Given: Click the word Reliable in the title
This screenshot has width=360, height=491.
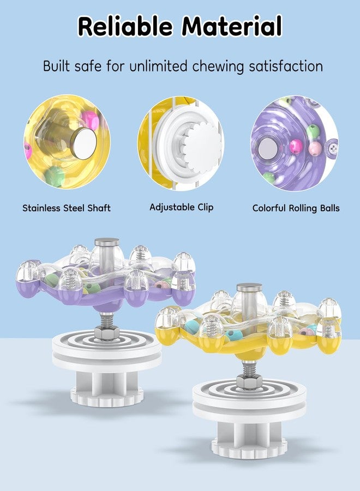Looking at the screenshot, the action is pos(125,26).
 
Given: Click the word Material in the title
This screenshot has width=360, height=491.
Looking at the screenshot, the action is pos(232,26).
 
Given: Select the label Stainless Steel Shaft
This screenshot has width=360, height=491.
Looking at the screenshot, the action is pos(67,208).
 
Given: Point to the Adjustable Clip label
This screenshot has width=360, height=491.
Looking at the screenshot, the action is pos(182,207).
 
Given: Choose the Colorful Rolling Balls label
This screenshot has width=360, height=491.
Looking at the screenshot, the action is pos(296,208).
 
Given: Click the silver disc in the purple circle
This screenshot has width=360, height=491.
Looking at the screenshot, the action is pos(268,148).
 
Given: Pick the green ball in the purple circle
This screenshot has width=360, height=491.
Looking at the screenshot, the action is pos(313,130).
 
